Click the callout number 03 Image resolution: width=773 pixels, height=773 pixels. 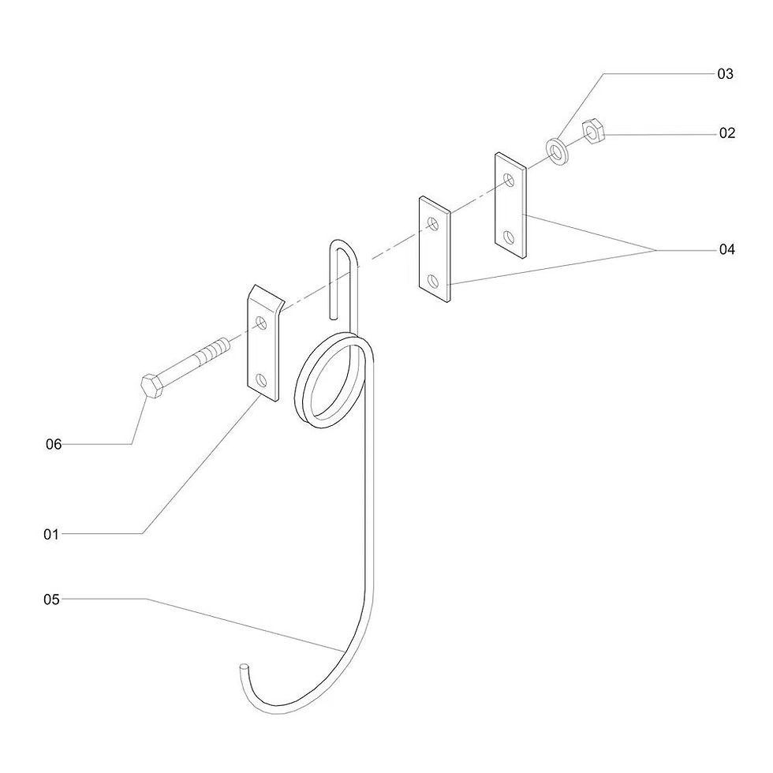coord(725,74)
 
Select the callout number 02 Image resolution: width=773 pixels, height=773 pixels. coord(727,133)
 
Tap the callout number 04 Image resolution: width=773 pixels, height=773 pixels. coord(726,249)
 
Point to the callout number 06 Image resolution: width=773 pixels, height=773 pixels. coord(54,444)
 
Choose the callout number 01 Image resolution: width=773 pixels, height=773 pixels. coord(51,534)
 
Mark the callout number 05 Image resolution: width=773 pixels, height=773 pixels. coord(51,599)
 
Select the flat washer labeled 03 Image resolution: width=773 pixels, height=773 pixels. coord(557,151)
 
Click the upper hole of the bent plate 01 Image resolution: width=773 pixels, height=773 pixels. coord(261,323)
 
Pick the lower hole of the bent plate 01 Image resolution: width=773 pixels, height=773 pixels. coord(261,380)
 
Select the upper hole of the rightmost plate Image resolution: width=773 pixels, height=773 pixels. coord(510,180)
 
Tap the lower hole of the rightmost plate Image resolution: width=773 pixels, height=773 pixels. coord(510,237)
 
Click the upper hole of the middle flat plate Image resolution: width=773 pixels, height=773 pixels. coord(433,223)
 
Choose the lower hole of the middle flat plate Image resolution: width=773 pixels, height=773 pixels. coord(433,282)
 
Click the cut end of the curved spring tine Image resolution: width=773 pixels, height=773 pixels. coord(244,667)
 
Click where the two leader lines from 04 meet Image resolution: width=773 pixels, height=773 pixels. coord(656,251)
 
